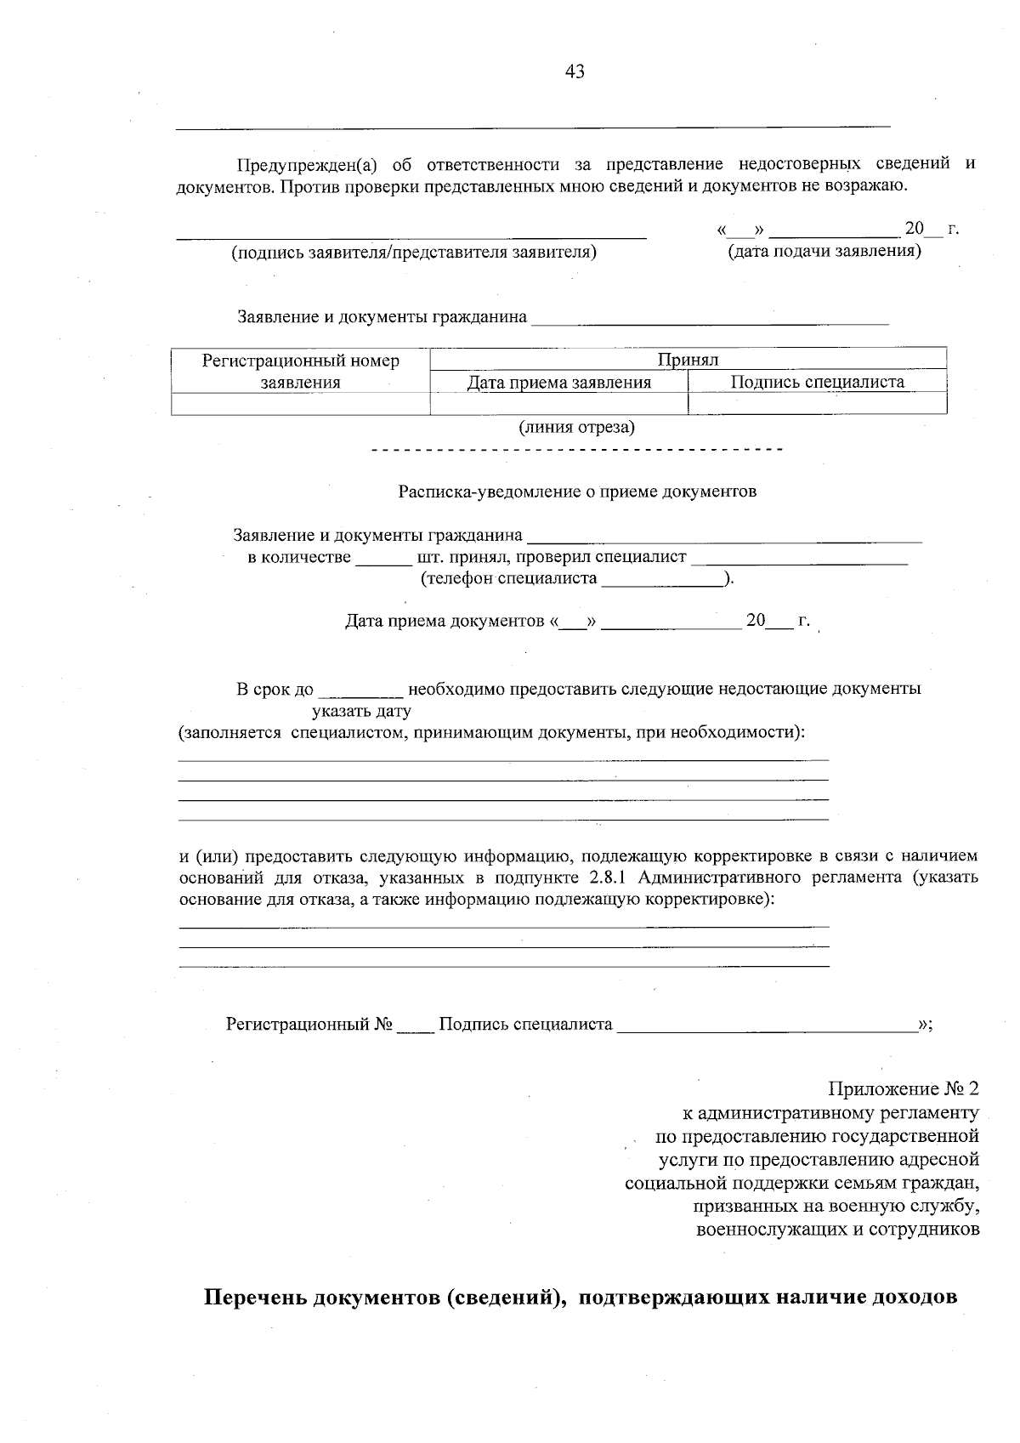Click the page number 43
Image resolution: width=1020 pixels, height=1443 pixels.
pos(575,72)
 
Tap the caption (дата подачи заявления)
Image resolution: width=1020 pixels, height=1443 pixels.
pos(824,252)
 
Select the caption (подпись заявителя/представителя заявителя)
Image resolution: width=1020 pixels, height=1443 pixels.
pos(414,253)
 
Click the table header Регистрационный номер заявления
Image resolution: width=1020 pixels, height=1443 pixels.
pos(300,372)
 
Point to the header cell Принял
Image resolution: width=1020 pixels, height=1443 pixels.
pos(688,360)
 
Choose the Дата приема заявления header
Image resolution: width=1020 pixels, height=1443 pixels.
pos(558,383)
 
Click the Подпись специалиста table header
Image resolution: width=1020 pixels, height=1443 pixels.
pos(817,383)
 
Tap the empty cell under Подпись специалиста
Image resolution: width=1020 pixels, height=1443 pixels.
pos(817,403)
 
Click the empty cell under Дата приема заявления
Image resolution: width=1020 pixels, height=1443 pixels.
pos(558,403)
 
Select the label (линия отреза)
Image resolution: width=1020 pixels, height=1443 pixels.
pos(576,427)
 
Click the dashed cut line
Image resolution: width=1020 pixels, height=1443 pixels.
pos(576,449)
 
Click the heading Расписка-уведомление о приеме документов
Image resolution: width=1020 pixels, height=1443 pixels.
pos(577,491)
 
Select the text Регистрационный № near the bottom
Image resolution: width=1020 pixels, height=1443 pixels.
pos(309,1025)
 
